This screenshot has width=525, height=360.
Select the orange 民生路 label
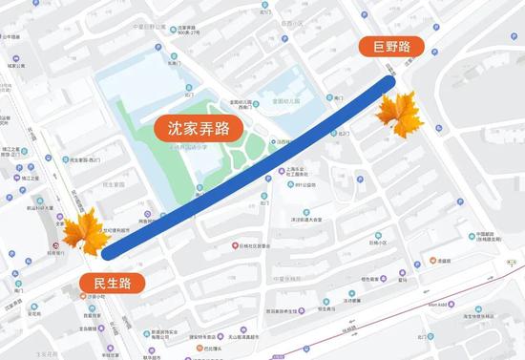pyautogui.click(x=112, y=283)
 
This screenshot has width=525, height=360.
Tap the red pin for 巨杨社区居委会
pyautogui.click(x=233, y=245)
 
